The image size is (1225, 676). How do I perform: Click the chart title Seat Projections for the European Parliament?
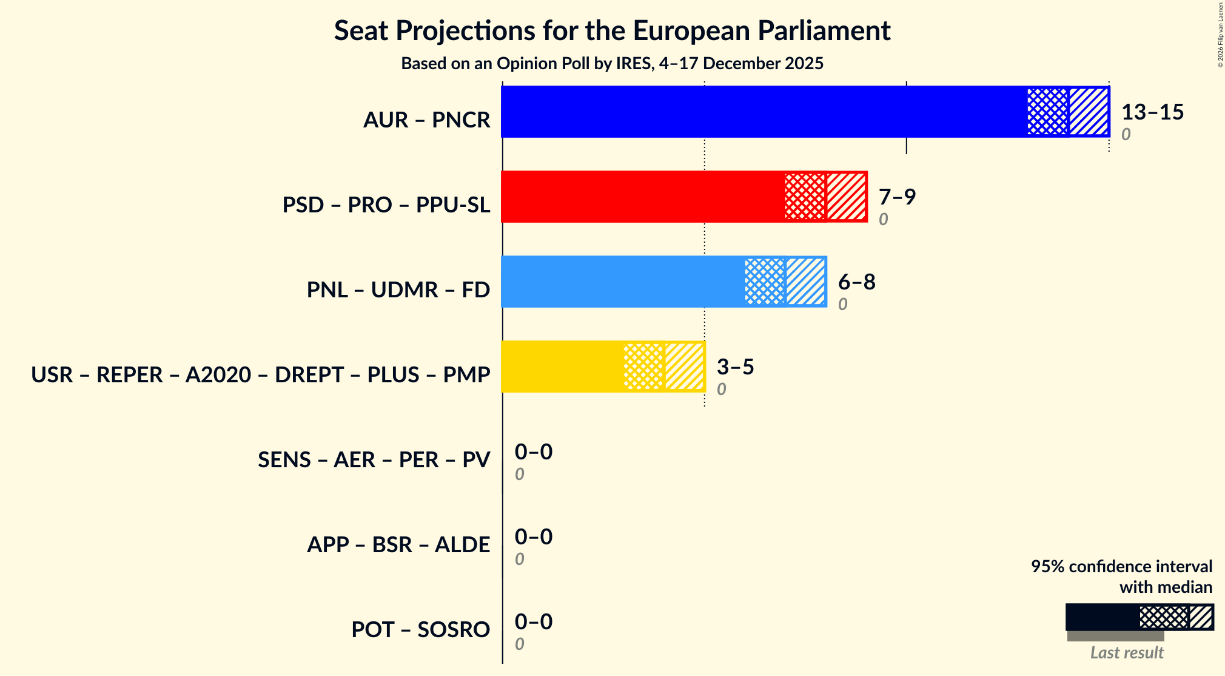(612, 30)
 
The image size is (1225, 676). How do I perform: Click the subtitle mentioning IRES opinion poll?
(612, 64)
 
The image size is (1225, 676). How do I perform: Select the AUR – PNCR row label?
(426, 120)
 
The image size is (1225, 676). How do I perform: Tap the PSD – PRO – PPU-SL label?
(386, 205)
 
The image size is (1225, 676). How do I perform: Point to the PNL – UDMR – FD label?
(398, 290)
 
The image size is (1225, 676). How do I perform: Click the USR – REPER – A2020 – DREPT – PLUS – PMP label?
(260, 375)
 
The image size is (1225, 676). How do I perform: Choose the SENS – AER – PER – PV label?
(374, 460)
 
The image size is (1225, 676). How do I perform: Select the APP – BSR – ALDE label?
(398, 545)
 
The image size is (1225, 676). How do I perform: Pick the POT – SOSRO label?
(420, 630)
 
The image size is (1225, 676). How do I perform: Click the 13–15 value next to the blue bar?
(1152, 112)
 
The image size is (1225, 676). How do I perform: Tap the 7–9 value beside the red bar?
(896, 197)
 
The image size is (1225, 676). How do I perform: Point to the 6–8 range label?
(856, 282)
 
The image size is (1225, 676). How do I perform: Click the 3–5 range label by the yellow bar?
(735, 367)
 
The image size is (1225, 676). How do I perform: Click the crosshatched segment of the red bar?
(805, 197)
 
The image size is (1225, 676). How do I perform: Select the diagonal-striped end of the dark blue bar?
(1089, 112)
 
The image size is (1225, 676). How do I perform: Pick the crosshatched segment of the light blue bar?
(765, 282)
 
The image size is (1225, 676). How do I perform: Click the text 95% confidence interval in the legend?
(1121, 566)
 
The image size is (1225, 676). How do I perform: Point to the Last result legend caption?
(1126, 653)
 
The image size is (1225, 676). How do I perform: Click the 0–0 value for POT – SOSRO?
(533, 622)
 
